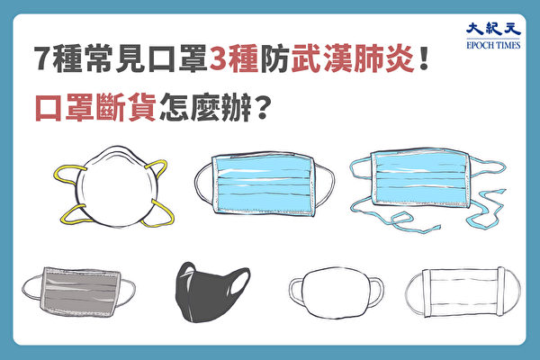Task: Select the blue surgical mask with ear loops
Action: pyautogui.click(x=265, y=184)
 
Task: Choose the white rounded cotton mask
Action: pyautogui.click(x=336, y=292)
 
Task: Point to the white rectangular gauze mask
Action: pyautogui.click(x=463, y=292)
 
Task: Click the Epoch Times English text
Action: pyautogui.click(x=493, y=45)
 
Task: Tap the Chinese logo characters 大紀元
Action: pyautogui.click(x=493, y=30)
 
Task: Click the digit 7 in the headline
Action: pyautogui.click(x=43, y=58)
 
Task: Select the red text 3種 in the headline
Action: pyautogui.click(x=233, y=58)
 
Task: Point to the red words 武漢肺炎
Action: pyautogui.click(x=352, y=58)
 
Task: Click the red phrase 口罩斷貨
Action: pyautogui.click(x=95, y=107)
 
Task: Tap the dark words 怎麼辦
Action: pyautogui.click(x=205, y=107)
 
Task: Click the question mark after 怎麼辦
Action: pyautogui.click(x=261, y=107)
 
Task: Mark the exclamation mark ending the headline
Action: pyautogui.click(x=424, y=58)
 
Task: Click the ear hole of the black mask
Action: pyautogui.click(x=240, y=283)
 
